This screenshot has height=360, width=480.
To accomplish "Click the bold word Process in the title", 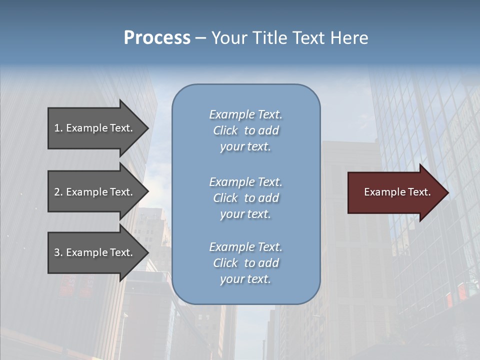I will click(157, 38).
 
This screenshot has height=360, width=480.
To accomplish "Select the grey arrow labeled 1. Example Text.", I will click(95, 128).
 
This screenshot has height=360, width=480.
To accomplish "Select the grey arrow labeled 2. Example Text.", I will click(95, 192).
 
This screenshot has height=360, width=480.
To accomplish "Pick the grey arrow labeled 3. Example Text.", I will click(95, 252).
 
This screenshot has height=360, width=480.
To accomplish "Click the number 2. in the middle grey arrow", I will click(58, 192).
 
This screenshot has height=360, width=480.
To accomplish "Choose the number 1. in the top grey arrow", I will click(58, 128).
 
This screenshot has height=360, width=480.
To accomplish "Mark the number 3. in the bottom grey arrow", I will click(58, 252).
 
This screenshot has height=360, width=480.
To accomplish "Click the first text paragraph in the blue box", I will click(245, 130).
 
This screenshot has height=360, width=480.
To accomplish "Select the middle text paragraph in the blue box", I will click(245, 198).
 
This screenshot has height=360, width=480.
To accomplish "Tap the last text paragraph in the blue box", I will click(245, 263).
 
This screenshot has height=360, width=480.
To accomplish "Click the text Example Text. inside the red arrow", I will click(397, 192).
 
